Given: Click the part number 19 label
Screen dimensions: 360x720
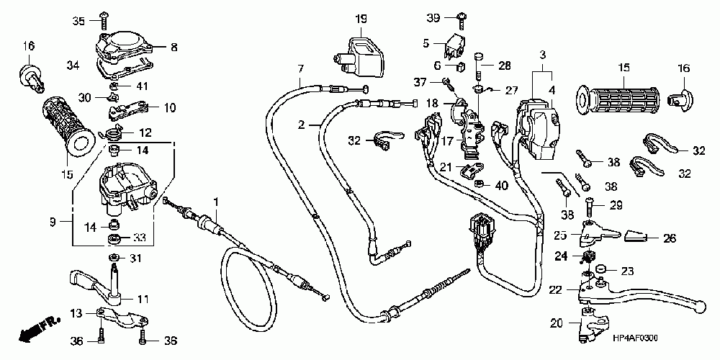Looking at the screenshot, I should [361, 17].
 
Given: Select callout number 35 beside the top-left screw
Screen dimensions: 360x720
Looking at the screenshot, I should [80, 20].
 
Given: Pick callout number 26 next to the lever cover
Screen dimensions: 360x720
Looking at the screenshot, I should [670, 238].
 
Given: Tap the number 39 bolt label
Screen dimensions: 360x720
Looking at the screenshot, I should [433, 17].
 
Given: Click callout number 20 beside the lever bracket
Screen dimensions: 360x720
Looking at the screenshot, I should [557, 322].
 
